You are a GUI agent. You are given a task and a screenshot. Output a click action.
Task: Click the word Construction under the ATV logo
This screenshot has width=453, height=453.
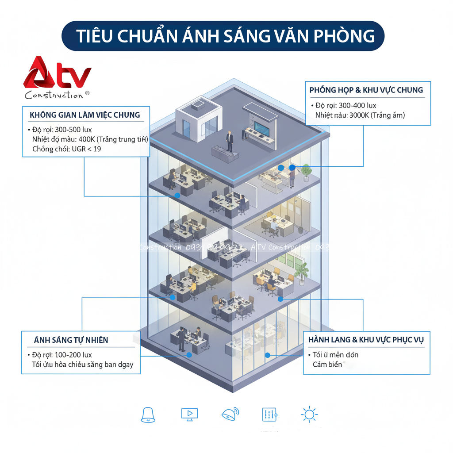[54, 95]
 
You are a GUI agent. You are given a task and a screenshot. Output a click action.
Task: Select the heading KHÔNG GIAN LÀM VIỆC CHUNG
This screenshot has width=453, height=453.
[84, 115]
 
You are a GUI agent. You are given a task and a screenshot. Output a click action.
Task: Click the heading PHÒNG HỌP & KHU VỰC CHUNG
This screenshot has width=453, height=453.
[366, 90]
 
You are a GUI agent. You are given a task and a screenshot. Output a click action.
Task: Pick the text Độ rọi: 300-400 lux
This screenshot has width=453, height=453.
[346, 105]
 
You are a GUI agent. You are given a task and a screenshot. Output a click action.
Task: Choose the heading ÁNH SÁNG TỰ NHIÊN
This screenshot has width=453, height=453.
[71, 340]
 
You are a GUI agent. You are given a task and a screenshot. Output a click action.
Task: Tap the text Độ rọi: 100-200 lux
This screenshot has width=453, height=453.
[62, 355]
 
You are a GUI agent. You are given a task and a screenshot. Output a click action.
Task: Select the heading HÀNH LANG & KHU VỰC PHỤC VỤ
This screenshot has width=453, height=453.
[366, 340]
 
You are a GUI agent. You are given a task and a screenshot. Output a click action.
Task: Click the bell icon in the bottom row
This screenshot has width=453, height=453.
[148, 415]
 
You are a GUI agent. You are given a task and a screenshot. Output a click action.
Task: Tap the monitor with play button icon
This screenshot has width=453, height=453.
[189, 414]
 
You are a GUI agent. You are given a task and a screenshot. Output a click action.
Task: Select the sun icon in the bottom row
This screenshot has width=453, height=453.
[309, 415]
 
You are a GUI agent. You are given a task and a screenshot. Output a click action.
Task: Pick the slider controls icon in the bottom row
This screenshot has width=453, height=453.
[269, 415]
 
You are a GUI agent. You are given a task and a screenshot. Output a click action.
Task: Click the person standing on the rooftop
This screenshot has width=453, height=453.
[230, 141]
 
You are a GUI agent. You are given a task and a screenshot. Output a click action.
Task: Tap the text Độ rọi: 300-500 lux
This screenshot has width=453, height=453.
[62, 130]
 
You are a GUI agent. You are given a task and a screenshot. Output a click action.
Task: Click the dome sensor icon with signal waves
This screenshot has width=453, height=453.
[230, 414]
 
